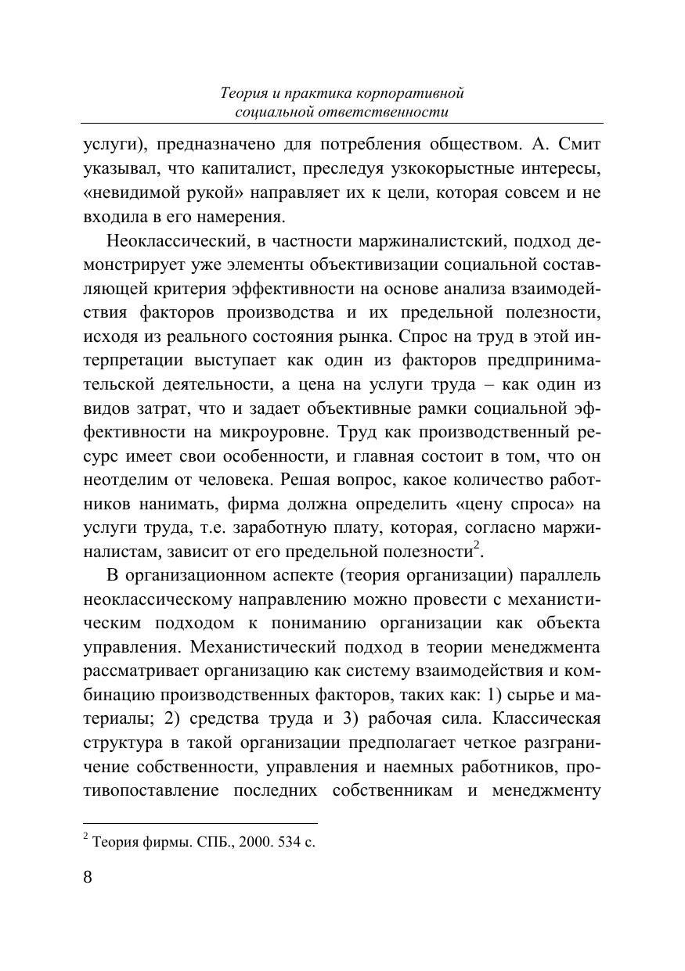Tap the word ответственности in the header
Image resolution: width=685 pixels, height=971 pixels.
pyautogui.click(x=385, y=112)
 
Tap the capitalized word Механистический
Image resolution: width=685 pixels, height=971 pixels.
pyautogui.click(x=255, y=648)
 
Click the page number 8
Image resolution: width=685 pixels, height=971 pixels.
pyautogui.click(x=88, y=876)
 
